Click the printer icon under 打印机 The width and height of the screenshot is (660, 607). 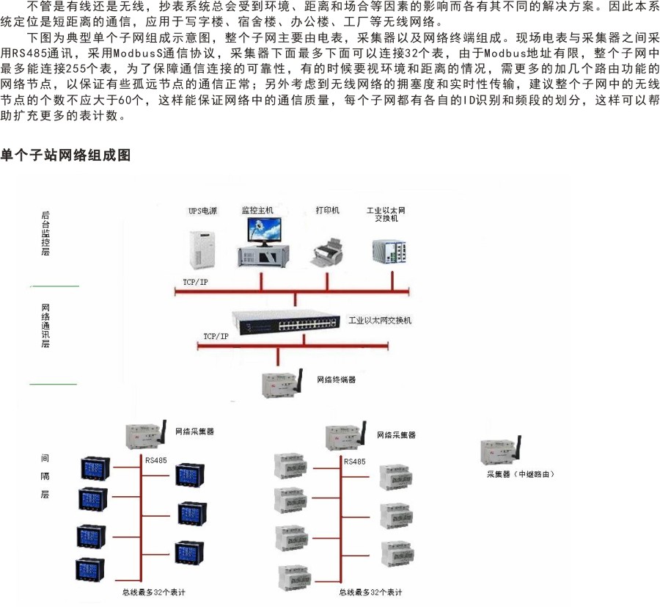click(x=327, y=250)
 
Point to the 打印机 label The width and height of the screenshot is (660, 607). click(x=327, y=211)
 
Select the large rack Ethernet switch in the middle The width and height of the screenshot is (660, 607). click(x=285, y=321)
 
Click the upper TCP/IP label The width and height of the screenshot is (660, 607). click(x=195, y=282)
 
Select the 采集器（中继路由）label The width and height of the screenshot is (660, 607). click(x=521, y=474)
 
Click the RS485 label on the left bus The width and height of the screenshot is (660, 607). click(x=156, y=461)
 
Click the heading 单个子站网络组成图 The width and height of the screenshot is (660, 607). click(x=65, y=156)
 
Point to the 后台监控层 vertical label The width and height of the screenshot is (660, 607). click(x=45, y=233)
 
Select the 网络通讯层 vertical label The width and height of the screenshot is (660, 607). click(x=45, y=325)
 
